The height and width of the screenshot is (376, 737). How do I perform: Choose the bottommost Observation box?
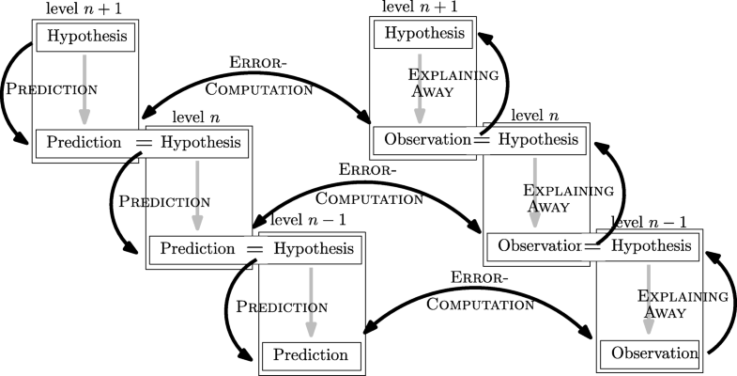click(649, 353)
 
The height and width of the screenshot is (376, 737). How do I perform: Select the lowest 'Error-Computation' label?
click(479, 290)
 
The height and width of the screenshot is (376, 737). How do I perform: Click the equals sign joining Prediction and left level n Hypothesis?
click(144, 143)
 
